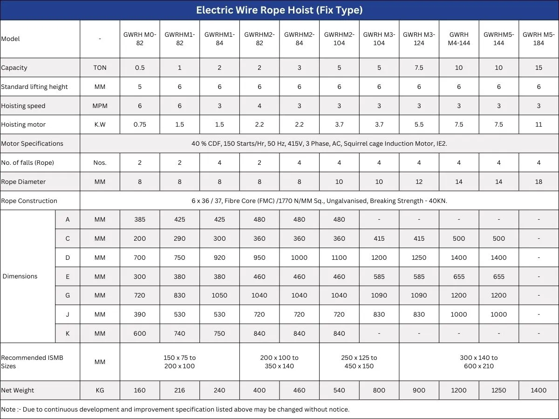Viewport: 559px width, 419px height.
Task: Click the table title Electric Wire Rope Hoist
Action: tap(279, 10)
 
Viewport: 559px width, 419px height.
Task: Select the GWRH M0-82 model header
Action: tap(140, 39)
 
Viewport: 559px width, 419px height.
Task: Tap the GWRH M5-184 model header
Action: tap(539, 39)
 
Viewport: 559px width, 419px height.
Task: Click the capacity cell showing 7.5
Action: tap(419, 68)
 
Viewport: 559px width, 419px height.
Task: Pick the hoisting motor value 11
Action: tap(539, 125)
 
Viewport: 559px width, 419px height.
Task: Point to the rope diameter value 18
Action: tap(539, 182)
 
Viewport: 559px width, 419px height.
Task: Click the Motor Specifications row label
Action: tap(32, 144)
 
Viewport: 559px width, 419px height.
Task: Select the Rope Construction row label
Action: tap(29, 201)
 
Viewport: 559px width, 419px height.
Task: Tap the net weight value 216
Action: tap(179, 391)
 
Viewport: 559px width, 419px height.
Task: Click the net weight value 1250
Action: tap(498, 391)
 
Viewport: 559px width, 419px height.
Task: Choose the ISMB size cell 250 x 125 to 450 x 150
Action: tap(359, 362)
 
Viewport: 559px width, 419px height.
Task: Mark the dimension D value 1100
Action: tap(339, 257)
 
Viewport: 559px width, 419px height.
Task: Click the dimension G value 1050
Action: tap(219, 296)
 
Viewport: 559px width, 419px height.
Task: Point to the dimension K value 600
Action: tap(140, 334)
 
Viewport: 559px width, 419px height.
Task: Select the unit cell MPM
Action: tap(100, 106)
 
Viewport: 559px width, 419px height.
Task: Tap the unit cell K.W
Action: tap(100, 125)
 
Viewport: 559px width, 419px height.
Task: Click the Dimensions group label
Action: tap(20, 277)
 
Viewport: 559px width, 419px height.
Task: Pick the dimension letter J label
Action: tap(68, 315)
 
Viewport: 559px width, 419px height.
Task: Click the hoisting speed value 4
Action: tap(259, 106)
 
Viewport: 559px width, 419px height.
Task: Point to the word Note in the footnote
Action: tap(8, 410)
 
